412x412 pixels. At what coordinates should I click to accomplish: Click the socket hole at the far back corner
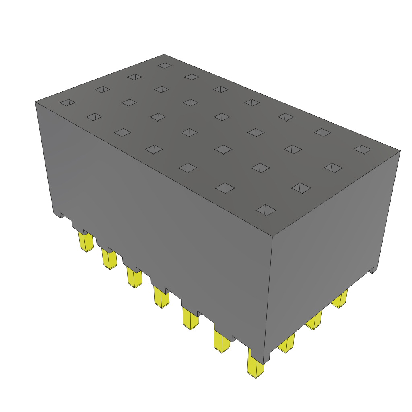coord(165,65)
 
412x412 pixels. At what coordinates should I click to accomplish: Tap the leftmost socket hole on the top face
coord(68,103)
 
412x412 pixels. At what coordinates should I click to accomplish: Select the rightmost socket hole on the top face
coord(363,149)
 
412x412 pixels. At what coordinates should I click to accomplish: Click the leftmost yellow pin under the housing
coord(87,243)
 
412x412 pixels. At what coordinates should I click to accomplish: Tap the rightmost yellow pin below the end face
coord(340,299)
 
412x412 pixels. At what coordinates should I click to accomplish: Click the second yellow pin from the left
coord(109,259)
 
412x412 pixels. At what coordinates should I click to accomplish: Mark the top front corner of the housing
coord(273,236)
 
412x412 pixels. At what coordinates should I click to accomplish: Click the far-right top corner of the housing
coord(400,151)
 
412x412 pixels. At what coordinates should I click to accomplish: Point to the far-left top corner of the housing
coord(35,102)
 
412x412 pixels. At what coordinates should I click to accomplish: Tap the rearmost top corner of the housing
coord(164,54)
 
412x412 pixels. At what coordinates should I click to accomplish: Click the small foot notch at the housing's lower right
coord(374,270)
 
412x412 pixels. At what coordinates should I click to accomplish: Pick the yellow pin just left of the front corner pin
coord(222,341)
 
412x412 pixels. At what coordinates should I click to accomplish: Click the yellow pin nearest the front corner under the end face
coord(286,344)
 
